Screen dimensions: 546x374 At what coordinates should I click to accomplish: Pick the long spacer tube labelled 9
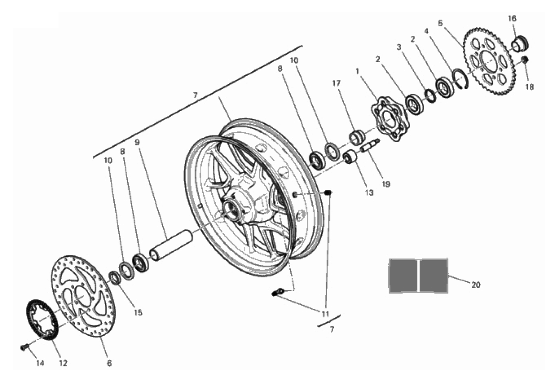[171, 245]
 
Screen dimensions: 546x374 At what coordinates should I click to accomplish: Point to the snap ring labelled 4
[461, 79]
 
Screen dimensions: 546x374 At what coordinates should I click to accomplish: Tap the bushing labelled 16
[520, 44]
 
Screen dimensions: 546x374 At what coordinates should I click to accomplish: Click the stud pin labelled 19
[369, 145]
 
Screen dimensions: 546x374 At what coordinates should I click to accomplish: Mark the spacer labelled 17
[357, 137]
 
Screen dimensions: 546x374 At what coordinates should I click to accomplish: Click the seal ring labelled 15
[115, 277]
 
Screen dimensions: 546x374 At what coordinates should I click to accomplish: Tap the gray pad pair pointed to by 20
[418, 275]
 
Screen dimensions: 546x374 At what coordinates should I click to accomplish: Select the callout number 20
[476, 285]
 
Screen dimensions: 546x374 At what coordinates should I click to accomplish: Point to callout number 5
[440, 23]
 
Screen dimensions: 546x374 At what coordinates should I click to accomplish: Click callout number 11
[325, 314]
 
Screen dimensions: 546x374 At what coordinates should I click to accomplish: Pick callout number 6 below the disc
[109, 363]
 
